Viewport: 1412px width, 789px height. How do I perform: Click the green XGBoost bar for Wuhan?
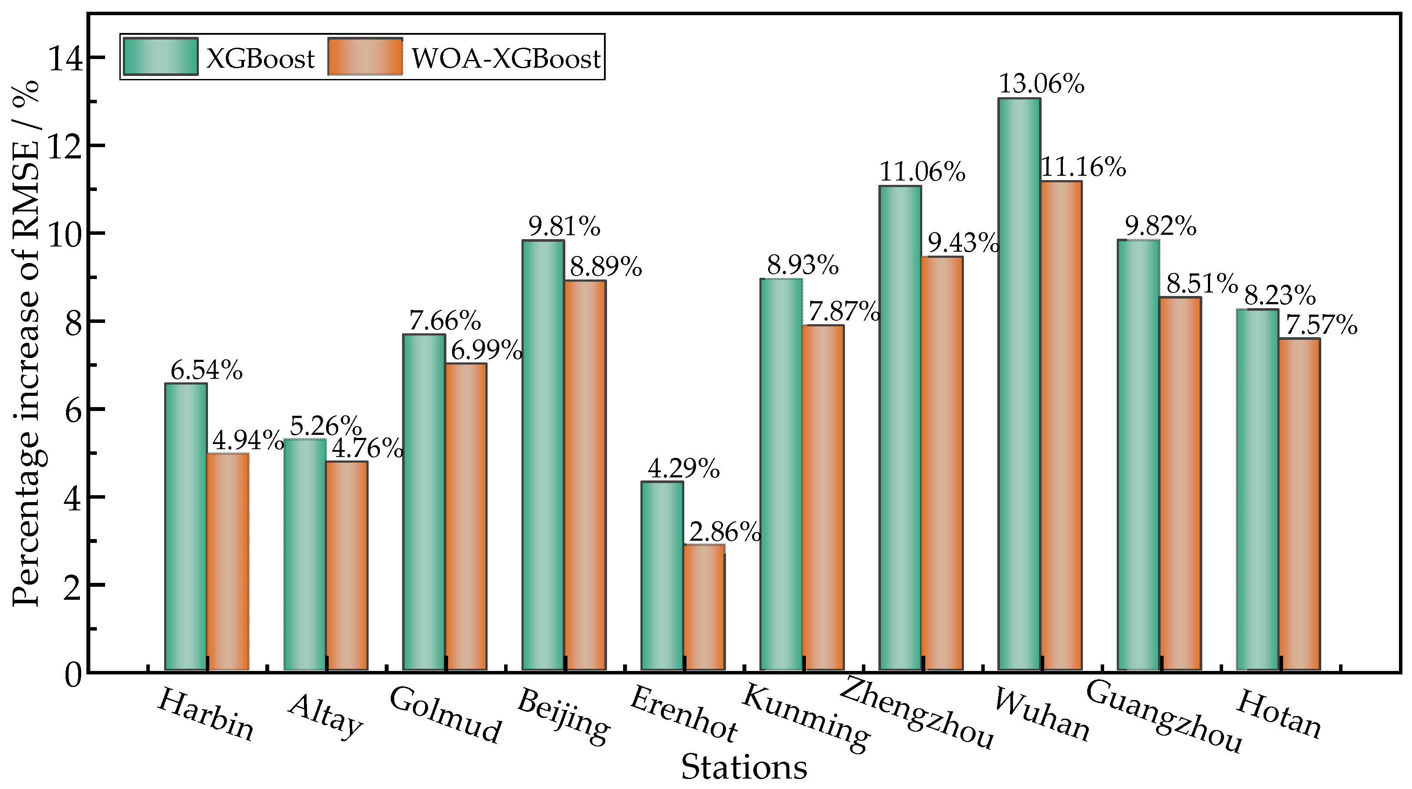[1019, 384]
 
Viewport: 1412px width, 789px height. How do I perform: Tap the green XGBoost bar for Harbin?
[186, 526]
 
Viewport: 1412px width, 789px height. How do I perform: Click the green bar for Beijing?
[543, 455]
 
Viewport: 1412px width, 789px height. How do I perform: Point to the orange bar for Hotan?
[1299, 504]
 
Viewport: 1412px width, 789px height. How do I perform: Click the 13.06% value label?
[1042, 84]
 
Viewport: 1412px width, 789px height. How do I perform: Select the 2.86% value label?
[725, 532]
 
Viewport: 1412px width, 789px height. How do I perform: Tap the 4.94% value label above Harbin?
[247, 440]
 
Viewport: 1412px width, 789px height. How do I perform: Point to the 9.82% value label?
[1161, 226]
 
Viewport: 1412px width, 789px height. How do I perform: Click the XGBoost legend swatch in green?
[160, 56]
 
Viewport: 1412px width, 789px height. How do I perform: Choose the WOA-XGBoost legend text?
[506, 58]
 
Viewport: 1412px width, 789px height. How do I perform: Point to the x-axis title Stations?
[744, 767]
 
